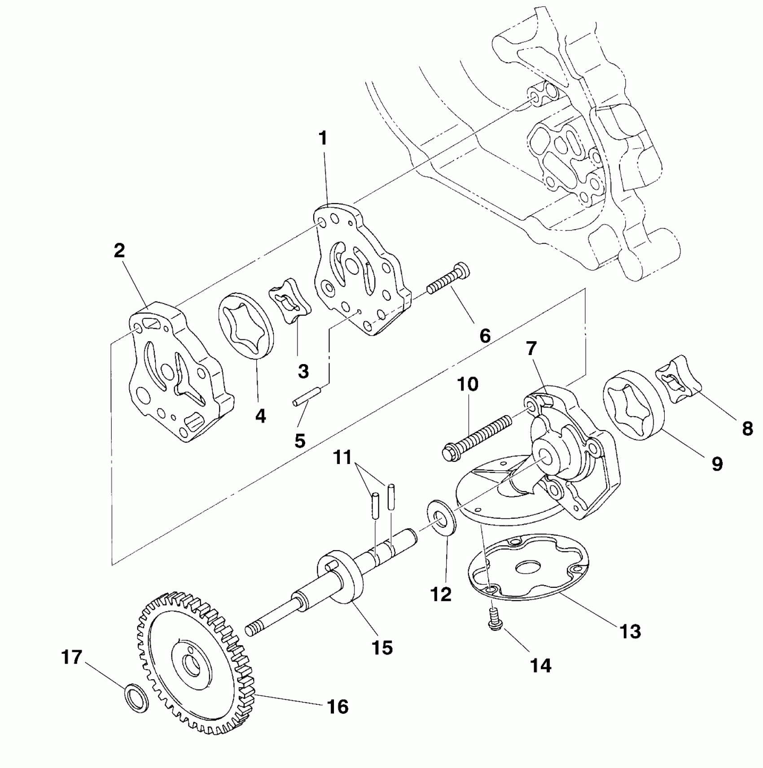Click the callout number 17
(72, 658)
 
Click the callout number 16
(338, 707)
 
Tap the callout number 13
(630, 632)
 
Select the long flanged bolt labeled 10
(476, 434)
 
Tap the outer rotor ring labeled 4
(246, 326)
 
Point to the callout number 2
(119, 251)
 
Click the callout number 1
(323, 139)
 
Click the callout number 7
(531, 348)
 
